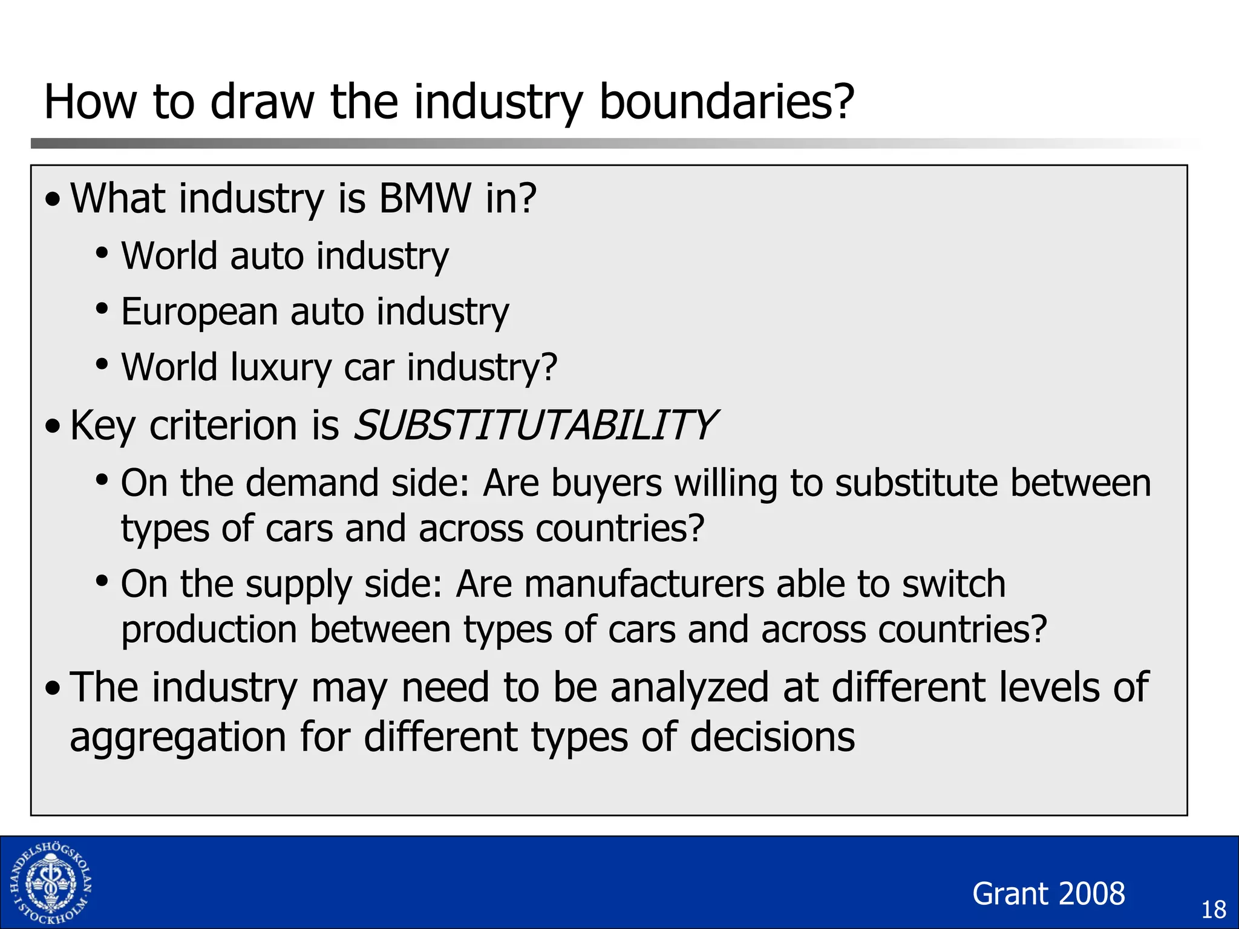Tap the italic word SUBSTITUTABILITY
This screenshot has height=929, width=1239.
tap(535, 425)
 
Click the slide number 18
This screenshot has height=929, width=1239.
tap(1213, 910)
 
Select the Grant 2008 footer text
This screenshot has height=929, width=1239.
tap(1048, 893)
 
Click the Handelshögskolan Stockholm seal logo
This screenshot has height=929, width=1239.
tap(51, 882)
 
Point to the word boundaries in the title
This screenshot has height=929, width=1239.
tap(726, 102)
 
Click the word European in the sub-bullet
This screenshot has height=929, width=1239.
tap(199, 312)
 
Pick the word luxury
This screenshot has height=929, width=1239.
tap(281, 368)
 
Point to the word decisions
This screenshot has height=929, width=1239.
tap(772, 737)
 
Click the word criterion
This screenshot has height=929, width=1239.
tap(223, 425)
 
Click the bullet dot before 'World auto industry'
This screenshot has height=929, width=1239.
tap(102, 253)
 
